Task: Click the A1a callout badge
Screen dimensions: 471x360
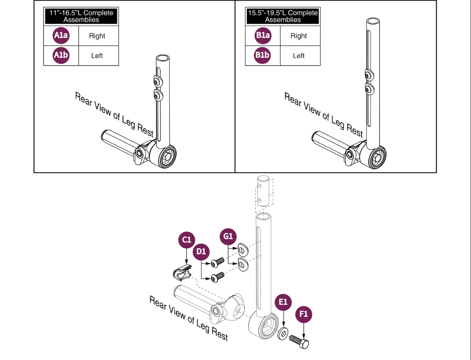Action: pyautogui.click(x=61, y=36)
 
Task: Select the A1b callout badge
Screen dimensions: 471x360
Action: pyautogui.click(x=61, y=55)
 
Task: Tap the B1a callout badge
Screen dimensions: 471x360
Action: pyautogui.click(x=263, y=36)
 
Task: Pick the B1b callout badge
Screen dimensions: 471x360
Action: pyautogui.click(x=262, y=55)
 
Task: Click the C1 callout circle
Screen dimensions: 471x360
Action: pyautogui.click(x=187, y=240)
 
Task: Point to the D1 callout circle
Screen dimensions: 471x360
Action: pyautogui.click(x=201, y=252)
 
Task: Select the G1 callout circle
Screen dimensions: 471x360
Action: pyautogui.click(x=228, y=237)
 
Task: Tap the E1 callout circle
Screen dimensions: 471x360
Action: pyautogui.click(x=283, y=302)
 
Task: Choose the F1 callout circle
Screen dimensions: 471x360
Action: pyautogui.click(x=304, y=314)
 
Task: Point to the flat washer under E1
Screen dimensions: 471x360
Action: pyautogui.click(x=283, y=334)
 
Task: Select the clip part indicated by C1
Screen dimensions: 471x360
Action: pyautogui.click(x=182, y=273)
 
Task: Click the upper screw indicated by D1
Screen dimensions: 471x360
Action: pyautogui.click(x=217, y=263)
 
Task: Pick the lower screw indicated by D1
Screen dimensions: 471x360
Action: pyautogui.click(x=218, y=277)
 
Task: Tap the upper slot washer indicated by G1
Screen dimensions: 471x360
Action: pyautogui.click(x=243, y=250)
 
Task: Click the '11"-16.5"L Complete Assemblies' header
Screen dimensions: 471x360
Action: pyautogui.click(x=81, y=16)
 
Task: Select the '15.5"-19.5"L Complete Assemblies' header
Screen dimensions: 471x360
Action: pyautogui.click(x=283, y=16)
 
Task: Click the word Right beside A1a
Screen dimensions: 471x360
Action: pyautogui.click(x=97, y=36)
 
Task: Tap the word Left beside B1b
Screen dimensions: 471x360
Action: pyautogui.click(x=299, y=56)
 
